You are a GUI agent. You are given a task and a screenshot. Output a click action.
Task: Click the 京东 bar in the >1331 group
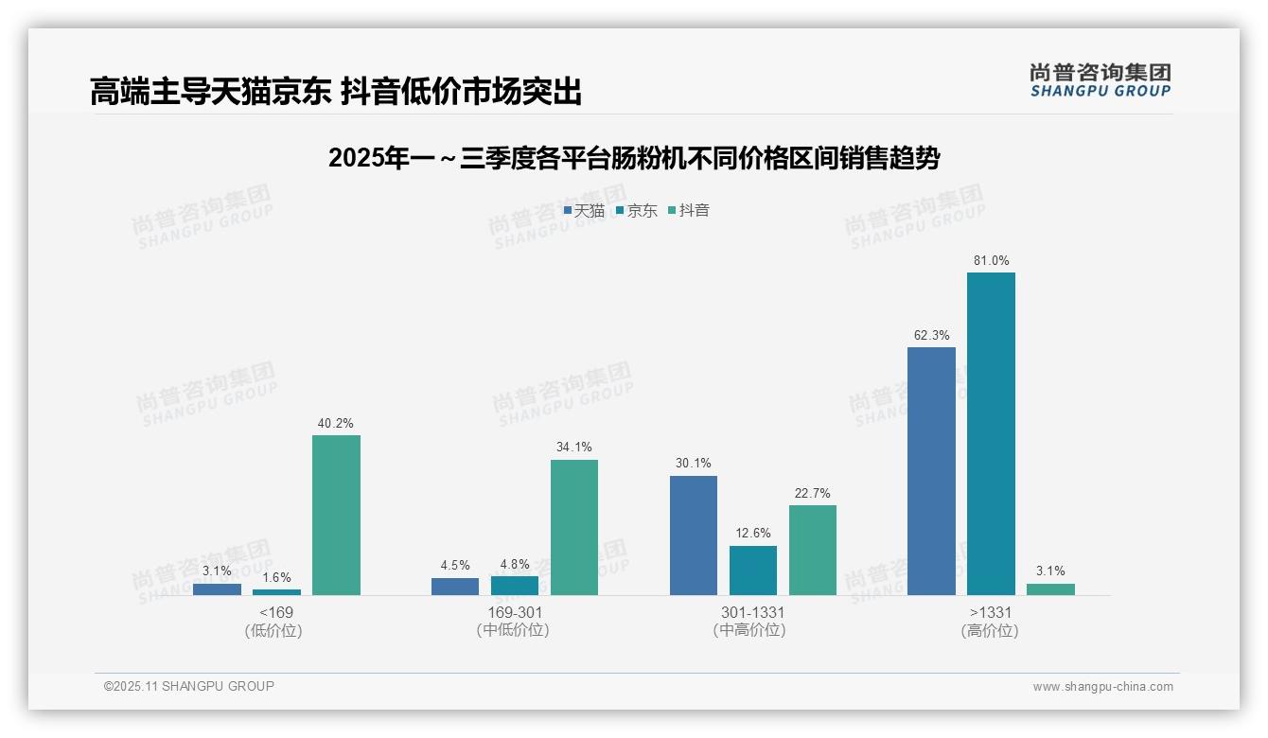[991, 433]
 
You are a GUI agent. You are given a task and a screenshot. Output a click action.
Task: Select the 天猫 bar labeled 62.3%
[931, 471]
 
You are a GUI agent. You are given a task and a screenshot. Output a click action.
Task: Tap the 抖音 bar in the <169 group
[336, 515]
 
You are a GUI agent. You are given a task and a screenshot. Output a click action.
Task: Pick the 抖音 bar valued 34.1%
[574, 527]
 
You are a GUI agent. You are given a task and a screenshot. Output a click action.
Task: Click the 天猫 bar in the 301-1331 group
[694, 536]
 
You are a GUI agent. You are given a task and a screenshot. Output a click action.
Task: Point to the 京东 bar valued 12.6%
[753, 571]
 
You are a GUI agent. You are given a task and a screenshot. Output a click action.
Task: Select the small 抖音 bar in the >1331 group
[1050, 589]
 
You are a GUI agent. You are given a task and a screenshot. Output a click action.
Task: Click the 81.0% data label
[991, 260]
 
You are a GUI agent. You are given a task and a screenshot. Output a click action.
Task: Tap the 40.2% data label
[336, 423]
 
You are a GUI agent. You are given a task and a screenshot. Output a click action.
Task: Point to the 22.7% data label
[813, 493]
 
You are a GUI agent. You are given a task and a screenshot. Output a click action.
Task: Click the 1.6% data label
[276, 577]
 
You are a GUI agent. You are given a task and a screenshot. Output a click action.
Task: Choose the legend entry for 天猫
[584, 211]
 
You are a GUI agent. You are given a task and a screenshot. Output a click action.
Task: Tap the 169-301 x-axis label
[515, 612]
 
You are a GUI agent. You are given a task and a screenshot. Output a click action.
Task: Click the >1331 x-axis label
[991, 612]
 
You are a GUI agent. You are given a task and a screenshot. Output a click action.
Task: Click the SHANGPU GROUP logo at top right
[1100, 80]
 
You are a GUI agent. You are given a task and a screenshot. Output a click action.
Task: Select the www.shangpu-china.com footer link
[1102, 687]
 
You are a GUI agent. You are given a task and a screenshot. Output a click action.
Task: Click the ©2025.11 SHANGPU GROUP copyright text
[189, 686]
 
